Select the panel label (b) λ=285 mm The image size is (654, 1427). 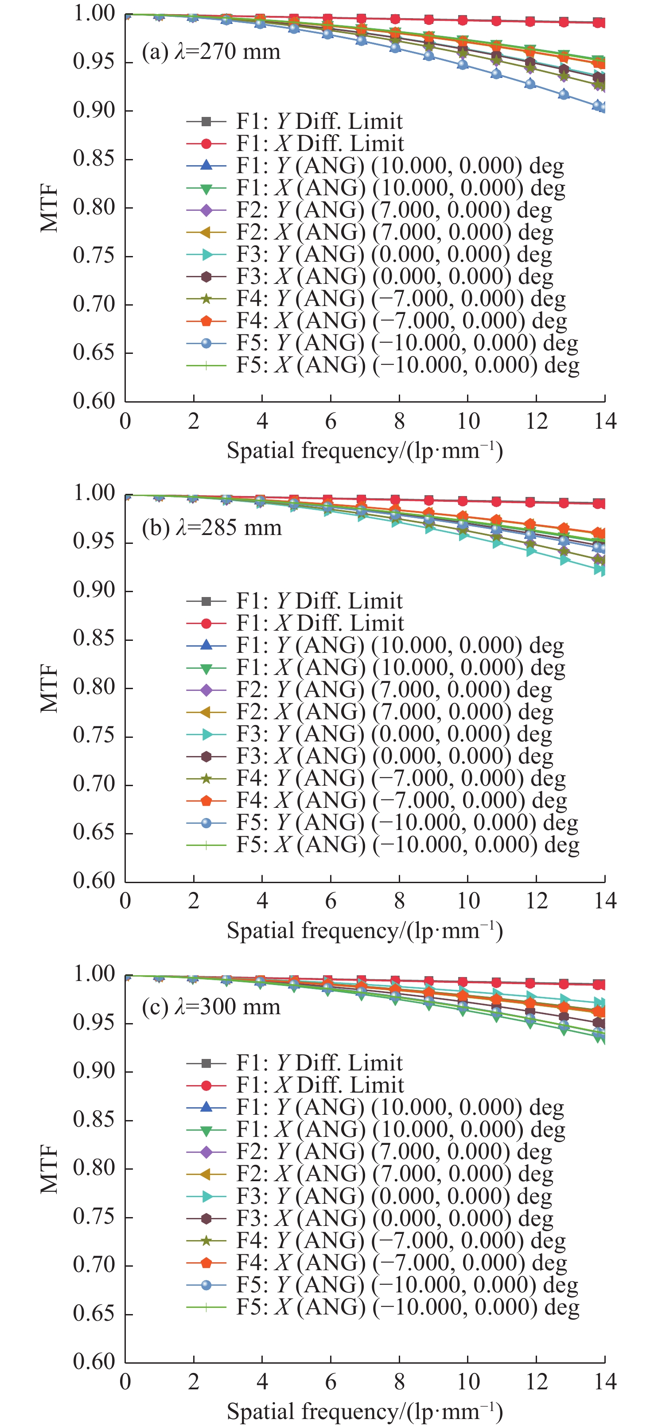click(x=211, y=527)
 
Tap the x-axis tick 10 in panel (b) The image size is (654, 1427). click(x=468, y=901)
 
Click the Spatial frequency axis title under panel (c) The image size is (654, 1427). click(x=365, y=1411)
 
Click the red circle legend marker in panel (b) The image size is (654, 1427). click(x=206, y=623)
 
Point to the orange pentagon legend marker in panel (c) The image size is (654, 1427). click(x=206, y=1263)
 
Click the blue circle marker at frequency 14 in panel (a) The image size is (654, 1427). click(x=599, y=106)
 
